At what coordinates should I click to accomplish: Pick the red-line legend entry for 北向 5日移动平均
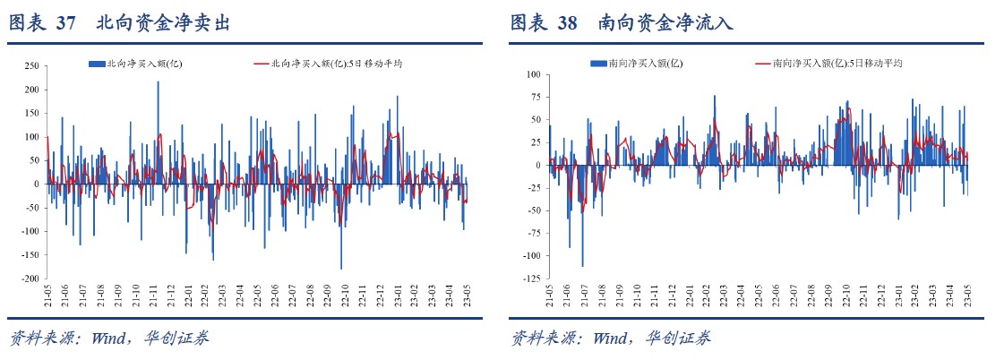click(x=328, y=63)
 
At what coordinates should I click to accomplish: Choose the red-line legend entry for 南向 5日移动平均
click(x=828, y=63)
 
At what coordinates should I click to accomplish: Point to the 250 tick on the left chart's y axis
click(x=30, y=66)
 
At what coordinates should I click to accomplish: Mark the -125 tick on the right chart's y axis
click(x=531, y=279)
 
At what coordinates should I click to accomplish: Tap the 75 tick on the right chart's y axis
click(x=536, y=97)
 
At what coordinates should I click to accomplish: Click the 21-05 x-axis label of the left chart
click(x=47, y=295)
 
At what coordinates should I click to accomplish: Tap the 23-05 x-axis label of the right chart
click(x=968, y=295)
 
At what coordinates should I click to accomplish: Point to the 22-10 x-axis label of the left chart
click(x=342, y=295)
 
